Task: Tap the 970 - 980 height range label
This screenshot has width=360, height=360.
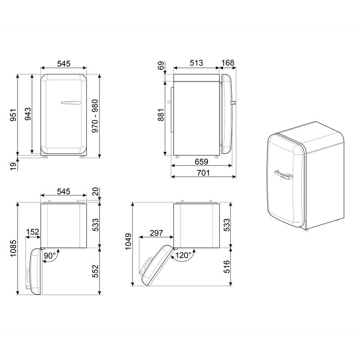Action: [x=95, y=115]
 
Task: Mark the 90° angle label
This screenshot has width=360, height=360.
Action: [x=50, y=256]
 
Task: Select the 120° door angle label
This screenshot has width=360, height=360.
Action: [x=184, y=255]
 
